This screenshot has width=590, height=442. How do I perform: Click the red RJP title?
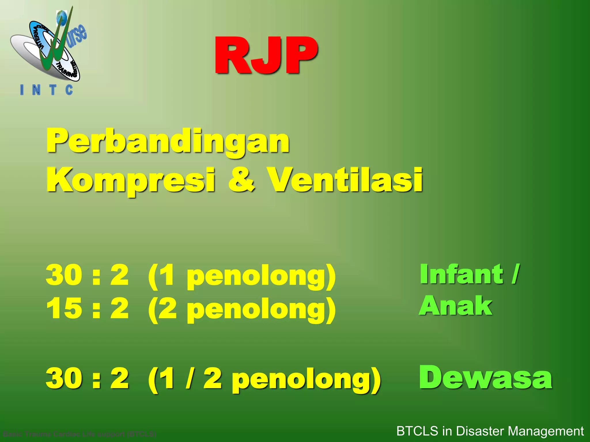coord(266,55)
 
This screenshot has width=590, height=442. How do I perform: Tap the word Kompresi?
coord(131,180)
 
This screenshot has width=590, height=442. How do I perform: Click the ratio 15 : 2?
coord(87,308)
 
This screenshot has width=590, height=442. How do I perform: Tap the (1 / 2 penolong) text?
coord(264,379)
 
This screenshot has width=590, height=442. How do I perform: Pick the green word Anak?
coord(456,306)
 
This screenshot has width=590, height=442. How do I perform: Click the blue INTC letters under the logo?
coord(46,90)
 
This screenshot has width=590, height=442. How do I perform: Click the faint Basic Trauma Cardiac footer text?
coord(80,434)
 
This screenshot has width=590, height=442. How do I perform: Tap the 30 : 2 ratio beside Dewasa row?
coord(87,378)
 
